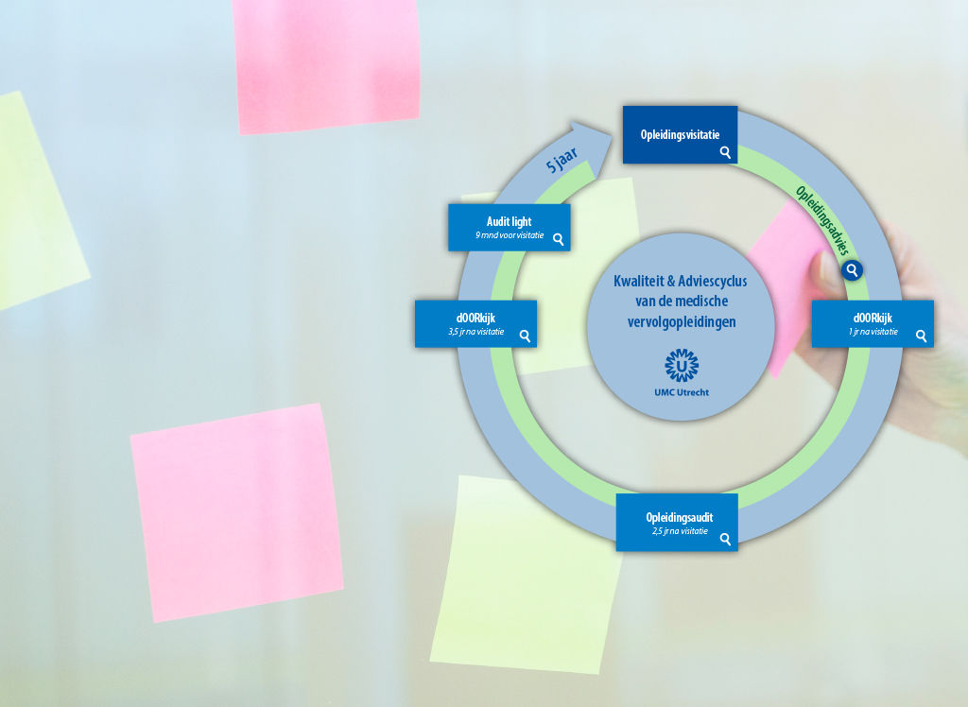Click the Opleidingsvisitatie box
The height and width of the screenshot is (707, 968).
click(x=679, y=134)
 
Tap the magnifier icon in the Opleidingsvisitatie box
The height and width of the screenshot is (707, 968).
click(x=725, y=151)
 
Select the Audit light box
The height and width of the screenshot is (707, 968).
click(x=509, y=227)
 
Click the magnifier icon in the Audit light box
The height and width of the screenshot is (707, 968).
click(x=559, y=239)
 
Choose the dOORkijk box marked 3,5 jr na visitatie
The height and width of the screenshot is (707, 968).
click(x=475, y=323)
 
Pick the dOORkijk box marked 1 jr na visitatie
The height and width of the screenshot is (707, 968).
click(x=873, y=323)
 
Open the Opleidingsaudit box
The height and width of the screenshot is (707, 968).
click(x=677, y=522)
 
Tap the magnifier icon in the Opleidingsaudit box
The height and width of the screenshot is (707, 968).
click(x=725, y=539)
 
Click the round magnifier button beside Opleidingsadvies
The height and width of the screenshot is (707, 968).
click(x=852, y=270)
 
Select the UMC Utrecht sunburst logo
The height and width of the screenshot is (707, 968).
click(x=681, y=365)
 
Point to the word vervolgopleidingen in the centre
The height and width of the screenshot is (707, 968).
click(x=681, y=322)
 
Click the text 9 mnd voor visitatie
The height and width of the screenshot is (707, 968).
click(x=510, y=234)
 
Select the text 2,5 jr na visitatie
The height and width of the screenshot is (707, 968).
click(x=680, y=531)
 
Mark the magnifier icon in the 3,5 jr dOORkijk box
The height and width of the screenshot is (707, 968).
click(x=525, y=335)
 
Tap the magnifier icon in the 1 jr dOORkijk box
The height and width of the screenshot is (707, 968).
click(x=921, y=335)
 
